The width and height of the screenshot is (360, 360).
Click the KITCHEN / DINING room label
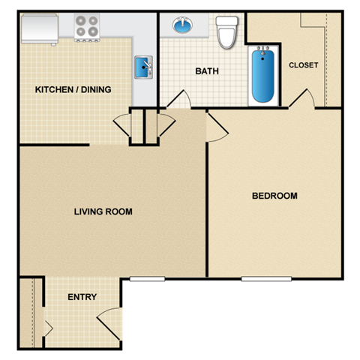73,90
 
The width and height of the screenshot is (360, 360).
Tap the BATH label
206,72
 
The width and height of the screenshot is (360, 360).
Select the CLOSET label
303,65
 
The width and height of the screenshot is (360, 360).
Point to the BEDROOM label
274,196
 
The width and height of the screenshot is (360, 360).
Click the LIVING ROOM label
103,212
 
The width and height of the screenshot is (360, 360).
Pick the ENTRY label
82,297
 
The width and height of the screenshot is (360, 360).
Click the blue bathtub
262,74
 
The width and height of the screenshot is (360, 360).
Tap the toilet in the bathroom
226,29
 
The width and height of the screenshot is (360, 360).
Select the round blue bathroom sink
182,26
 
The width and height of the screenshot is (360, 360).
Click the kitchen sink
144,68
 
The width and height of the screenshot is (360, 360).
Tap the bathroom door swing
177,100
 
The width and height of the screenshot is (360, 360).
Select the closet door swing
304,99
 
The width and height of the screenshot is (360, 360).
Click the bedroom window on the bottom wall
266,279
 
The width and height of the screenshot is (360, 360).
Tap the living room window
147,279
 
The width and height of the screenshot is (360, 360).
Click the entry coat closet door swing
48,328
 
